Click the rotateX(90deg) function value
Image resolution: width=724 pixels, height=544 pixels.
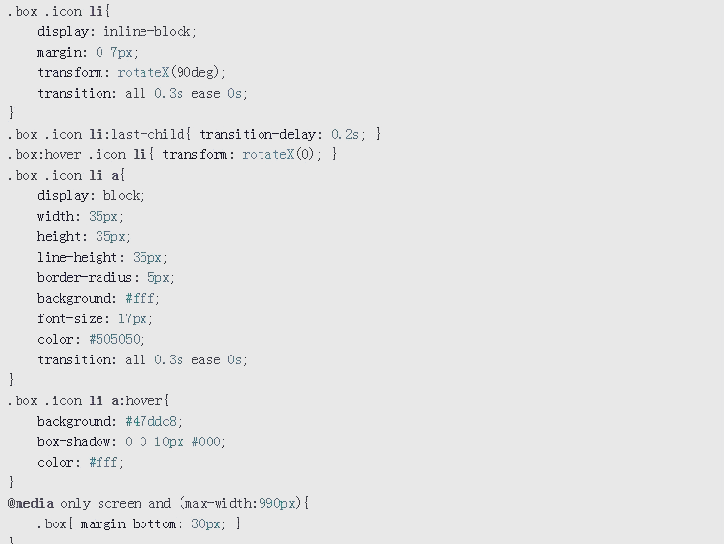168,72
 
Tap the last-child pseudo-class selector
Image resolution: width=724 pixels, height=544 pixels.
147,134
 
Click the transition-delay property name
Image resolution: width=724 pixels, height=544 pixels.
258,134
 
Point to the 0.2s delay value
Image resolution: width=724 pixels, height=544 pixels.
344,134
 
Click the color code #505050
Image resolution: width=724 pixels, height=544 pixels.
114,339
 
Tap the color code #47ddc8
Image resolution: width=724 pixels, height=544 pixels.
150,421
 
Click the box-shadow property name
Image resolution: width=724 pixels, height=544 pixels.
74,441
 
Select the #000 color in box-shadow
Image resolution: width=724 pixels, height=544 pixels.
206,441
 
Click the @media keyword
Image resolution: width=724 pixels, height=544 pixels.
30,503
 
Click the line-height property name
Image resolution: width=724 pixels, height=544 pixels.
78,257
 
